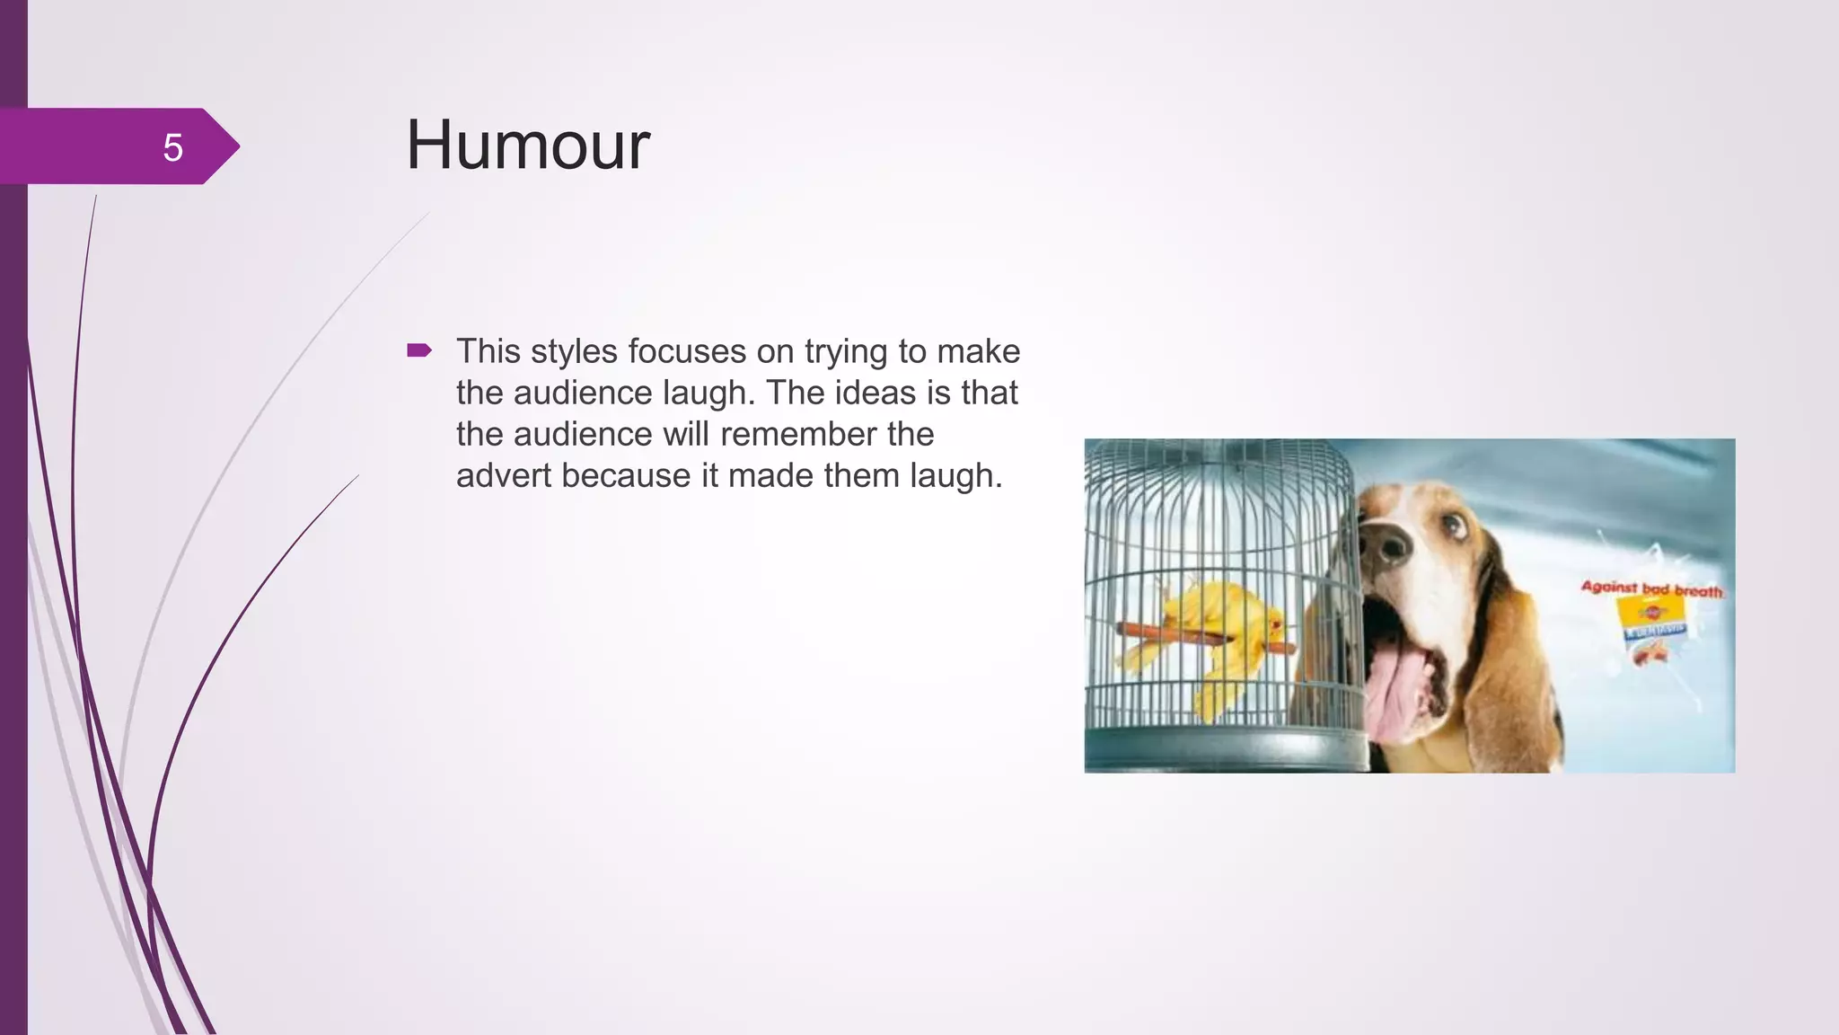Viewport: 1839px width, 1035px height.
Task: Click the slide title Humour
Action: (x=527, y=146)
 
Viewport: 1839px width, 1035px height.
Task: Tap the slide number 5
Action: (x=172, y=147)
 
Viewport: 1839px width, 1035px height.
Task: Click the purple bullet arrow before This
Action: (x=419, y=350)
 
